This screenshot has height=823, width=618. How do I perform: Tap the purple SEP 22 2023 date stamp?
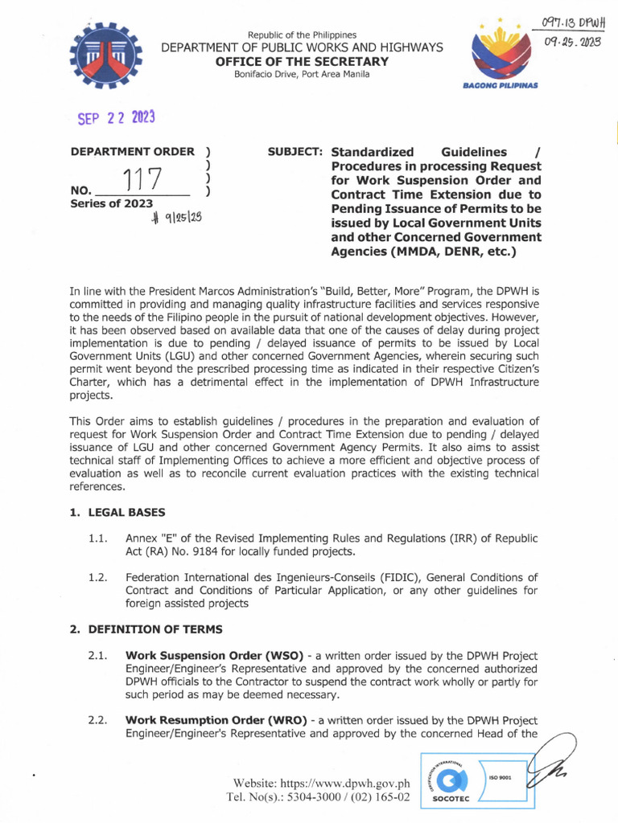116,117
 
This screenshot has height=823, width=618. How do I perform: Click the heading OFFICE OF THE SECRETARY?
302,62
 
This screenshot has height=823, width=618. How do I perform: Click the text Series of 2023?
111,204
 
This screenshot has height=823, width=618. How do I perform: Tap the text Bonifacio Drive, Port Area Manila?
302,75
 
